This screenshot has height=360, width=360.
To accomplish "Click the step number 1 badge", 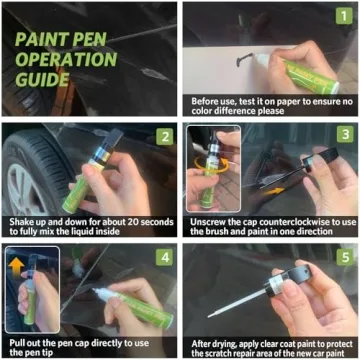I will point(341,19).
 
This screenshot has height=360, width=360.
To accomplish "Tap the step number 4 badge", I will point(164,257).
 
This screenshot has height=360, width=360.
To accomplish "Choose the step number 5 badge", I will point(341,257).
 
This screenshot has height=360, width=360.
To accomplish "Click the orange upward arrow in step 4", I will point(17,264).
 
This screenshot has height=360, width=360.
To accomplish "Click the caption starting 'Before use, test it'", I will point(270,106).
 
